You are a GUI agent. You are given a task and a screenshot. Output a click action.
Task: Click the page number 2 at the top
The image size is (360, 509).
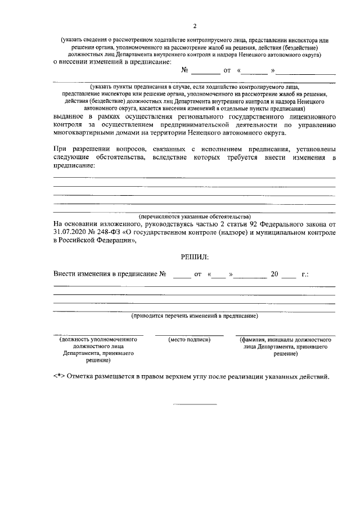coord(195,26)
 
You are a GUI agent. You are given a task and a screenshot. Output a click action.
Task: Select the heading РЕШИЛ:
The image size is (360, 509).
coord(195,256)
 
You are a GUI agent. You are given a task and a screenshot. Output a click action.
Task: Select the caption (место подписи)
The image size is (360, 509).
coord(190,340)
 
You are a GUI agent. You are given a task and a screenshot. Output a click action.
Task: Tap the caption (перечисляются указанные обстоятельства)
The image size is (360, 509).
coord(195,217)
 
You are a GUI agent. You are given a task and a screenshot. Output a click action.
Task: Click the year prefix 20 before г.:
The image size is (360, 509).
coord(274,274)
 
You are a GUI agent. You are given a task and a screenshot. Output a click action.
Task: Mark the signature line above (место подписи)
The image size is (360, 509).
coord(190,335)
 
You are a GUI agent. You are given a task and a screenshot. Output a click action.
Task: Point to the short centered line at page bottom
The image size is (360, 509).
coord(195,404)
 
